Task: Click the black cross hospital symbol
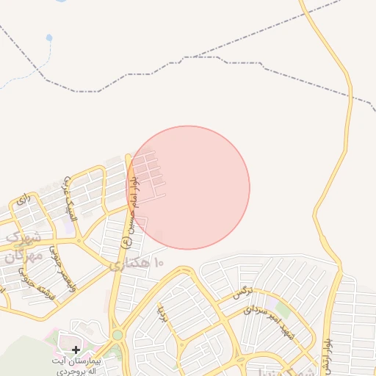(x=76, y=350)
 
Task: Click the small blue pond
(x=49, y=37)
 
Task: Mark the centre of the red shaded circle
(x=188, y=187)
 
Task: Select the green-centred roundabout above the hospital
(x=117, y=335)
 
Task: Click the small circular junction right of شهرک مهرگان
(x=77, y=239)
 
